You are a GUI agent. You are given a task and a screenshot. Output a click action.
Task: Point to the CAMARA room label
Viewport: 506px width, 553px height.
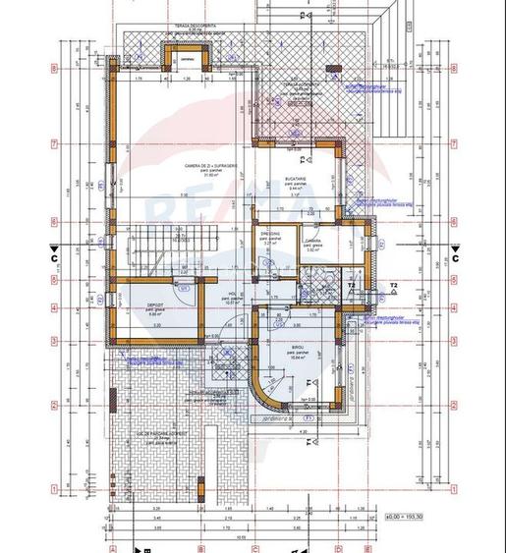(313, 241)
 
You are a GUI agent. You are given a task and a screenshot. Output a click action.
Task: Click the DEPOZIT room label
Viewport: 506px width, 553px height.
(155, 304)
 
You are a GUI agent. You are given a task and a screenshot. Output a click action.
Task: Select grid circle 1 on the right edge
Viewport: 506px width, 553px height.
(454, 486)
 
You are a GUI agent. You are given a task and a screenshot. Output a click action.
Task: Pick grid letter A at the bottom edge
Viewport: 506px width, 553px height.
(113, 548)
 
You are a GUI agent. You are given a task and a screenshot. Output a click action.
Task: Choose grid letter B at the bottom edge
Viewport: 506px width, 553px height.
(200, 548)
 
